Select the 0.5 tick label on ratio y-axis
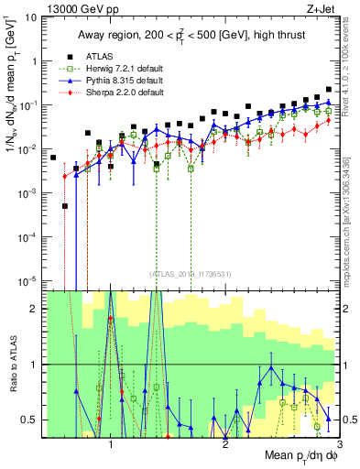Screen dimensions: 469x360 click(31, 420)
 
